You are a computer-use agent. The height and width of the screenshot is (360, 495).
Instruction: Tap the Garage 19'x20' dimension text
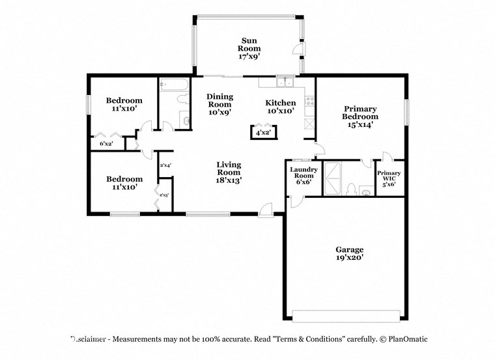(349, 258)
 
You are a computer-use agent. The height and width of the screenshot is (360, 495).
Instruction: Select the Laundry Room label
(304, 173)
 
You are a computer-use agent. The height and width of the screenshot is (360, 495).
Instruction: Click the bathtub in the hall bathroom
(174, 85)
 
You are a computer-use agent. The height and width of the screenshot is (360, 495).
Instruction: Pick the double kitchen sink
(285, 82)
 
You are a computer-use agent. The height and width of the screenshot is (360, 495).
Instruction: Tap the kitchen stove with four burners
(309, 102)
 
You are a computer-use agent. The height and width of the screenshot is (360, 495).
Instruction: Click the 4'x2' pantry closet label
(264, 133)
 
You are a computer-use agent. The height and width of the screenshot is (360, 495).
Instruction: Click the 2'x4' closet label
(165, 165)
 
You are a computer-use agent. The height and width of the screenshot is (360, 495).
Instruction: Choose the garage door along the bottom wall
(345, 316)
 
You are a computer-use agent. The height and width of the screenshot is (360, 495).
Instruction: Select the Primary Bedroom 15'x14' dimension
(360, 125)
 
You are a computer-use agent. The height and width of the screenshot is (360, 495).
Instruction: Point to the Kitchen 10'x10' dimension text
(280, 111)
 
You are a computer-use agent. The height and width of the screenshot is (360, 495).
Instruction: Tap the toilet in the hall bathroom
(185, 120)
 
